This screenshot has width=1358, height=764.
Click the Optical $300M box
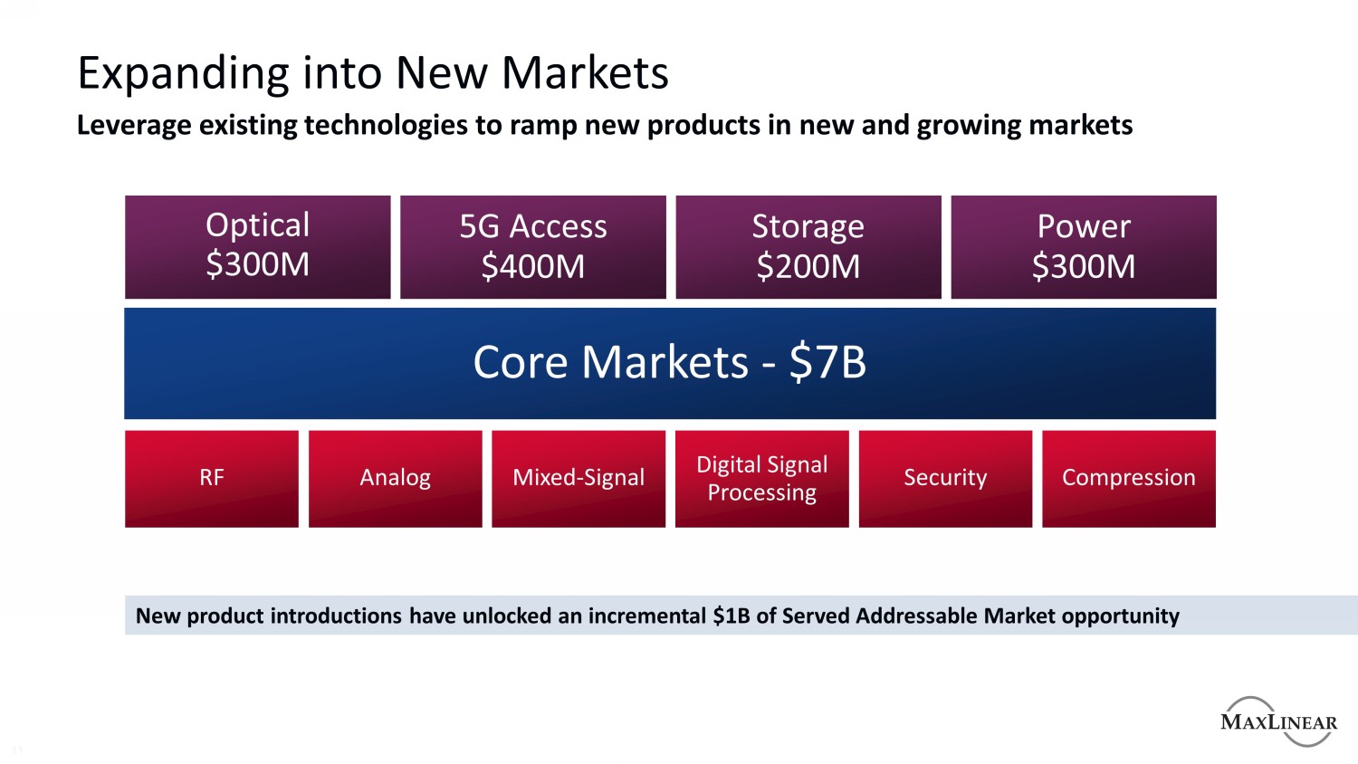257,246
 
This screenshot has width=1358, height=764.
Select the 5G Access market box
532,246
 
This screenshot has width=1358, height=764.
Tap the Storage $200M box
808,246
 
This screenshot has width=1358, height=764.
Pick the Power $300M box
1083,246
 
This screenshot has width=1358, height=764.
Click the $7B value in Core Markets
827,363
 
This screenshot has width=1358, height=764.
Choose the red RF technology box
211,478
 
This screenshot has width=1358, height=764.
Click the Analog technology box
395,478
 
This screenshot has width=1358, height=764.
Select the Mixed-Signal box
579,478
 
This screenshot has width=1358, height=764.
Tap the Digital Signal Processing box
761,478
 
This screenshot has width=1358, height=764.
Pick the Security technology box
945,478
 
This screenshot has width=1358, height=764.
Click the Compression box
1128,478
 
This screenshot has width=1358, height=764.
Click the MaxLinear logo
1278,721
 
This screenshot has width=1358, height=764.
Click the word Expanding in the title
183,74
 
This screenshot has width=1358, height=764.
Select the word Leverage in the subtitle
134,125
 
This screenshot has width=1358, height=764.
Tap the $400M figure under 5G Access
532,266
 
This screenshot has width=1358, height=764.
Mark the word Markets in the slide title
585,74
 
